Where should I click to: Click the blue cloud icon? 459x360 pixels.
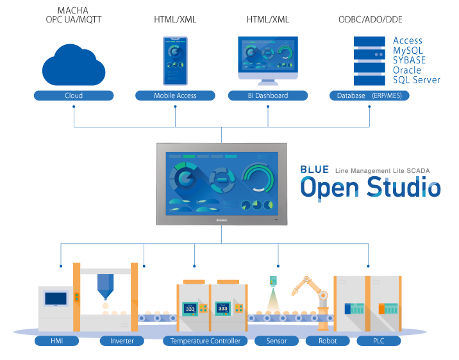click(73, 65)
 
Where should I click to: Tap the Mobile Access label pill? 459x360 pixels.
click(175, 95)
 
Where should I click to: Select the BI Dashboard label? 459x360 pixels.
click(267, 95)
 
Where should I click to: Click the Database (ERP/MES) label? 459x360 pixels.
click(369, 95)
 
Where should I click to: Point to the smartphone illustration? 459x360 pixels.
click(174, 60)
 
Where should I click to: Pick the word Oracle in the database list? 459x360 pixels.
click(407, 70)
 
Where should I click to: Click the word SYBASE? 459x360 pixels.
click(409, 60)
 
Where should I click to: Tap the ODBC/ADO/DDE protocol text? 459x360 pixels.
click(370, 20)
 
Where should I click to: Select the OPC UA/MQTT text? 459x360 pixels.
click(74, 20)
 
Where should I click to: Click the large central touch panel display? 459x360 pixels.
click(222, 183)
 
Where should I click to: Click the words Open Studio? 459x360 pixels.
click(371, 188)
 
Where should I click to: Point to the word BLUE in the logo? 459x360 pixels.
click(314, 170)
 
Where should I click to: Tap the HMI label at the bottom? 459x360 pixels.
click(56, 341)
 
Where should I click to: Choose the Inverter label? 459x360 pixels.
click(122, 341)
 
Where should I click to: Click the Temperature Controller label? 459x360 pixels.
click(205, 341)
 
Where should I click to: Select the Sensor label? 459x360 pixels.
click(276, 341)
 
